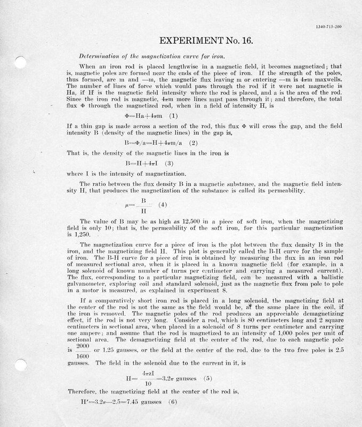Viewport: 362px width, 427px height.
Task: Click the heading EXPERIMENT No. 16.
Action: [203, 41]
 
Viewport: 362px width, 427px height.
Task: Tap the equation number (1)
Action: [173, 130]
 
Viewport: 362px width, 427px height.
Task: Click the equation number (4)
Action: [163, 204]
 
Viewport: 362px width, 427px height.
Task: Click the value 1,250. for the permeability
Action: [79, 234]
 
